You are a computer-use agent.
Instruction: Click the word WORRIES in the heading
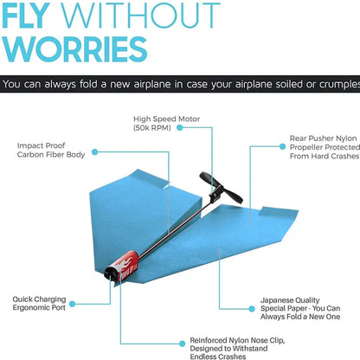point(74,48)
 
